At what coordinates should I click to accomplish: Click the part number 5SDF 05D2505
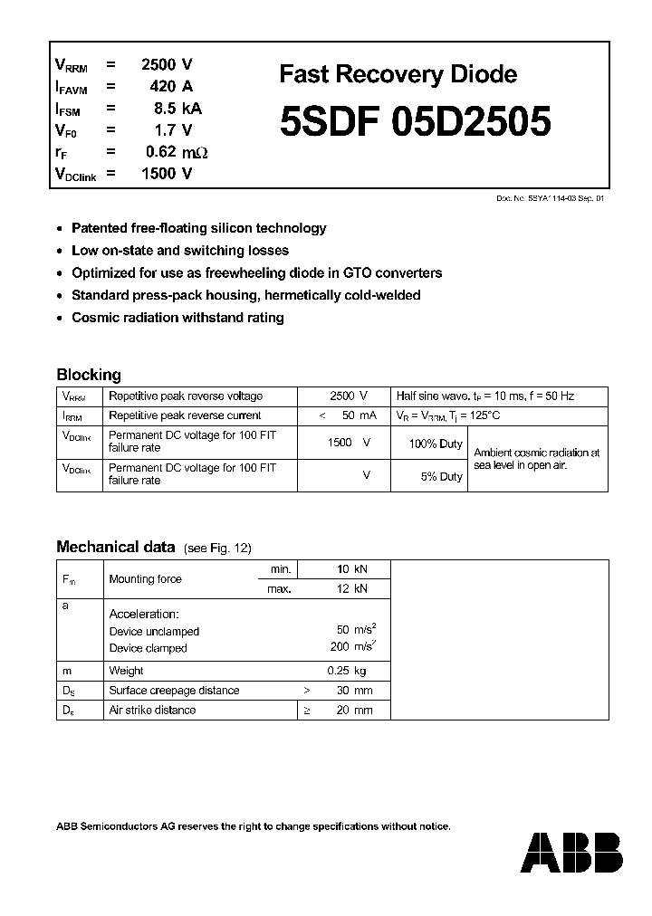tap(415, 123)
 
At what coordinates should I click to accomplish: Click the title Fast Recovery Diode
tap(398, 75)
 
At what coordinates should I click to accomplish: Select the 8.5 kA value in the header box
tap(177, 109)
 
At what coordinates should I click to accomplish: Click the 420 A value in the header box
tap(172, 87)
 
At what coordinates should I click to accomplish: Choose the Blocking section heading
tap(89, 375)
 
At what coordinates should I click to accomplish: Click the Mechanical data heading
tap(115, 547)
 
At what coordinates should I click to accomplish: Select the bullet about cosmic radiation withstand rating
tap(177, 318)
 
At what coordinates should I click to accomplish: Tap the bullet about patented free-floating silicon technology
tap(198, 229)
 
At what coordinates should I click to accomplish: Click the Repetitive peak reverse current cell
tap(185, 415)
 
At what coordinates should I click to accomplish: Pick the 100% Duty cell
tap(436, 444)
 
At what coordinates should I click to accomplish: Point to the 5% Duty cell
tap(441, 476)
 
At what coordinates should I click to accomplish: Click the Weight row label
tap(126, 671)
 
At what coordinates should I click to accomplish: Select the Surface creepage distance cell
tap(174, 691)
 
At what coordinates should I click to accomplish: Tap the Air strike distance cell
tap(152, 711)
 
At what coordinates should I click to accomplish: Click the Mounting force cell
tap(145, 579)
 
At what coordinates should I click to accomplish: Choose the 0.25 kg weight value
tap(347, 671)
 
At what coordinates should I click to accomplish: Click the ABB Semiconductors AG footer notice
tap(254, 826)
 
